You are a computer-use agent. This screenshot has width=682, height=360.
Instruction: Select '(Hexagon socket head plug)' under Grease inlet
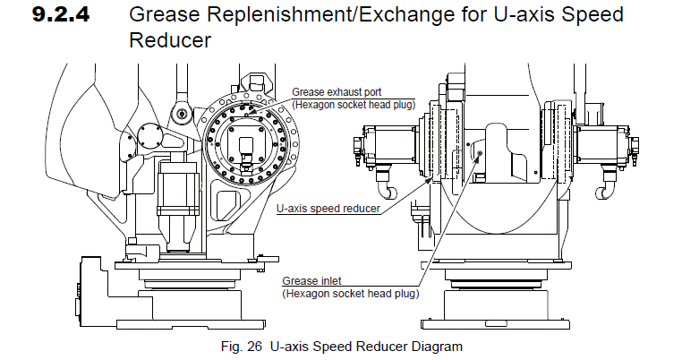click(x=350, y=293)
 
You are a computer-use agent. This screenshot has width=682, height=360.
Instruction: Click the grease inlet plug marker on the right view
click(x=481, y=153)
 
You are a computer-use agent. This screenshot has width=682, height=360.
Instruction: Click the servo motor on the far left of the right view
click(x=384, y=147)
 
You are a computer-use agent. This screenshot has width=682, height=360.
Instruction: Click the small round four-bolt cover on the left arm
click(x=149, y=137)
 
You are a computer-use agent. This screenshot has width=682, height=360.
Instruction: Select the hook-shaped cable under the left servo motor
click(x=388, y=190)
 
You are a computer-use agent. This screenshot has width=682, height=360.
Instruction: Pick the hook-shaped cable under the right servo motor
click(x=608, y=189)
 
